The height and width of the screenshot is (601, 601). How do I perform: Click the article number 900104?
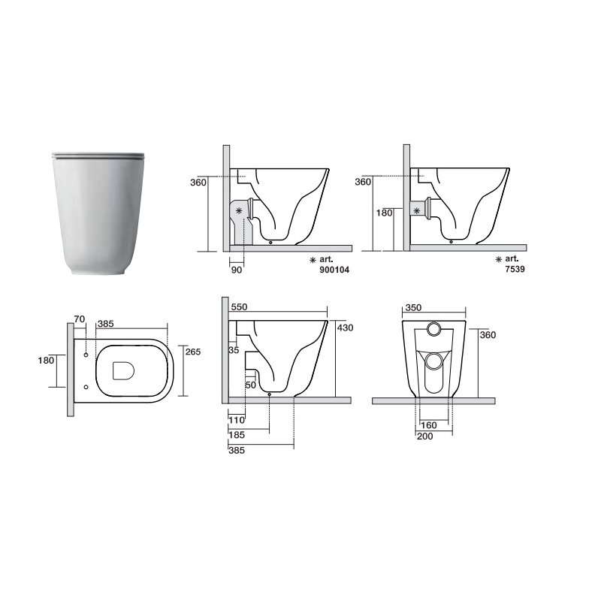tap(334, 270)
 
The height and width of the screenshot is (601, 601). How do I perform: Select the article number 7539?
tap(515, 269)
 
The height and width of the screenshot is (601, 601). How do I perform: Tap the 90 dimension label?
tap(237, 270)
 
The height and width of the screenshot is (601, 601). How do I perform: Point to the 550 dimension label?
tap(239, 307)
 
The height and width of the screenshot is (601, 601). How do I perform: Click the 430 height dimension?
tap(346, 328)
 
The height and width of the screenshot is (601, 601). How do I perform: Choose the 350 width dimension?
tap(413, 307)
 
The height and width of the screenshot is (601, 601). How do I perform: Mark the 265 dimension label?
tap(193, 352)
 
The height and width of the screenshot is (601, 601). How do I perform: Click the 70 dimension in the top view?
tap(80, 319)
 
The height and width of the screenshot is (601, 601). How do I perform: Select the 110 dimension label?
tap(237, 420)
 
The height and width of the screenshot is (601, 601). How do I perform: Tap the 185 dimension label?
tap(237, 435)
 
